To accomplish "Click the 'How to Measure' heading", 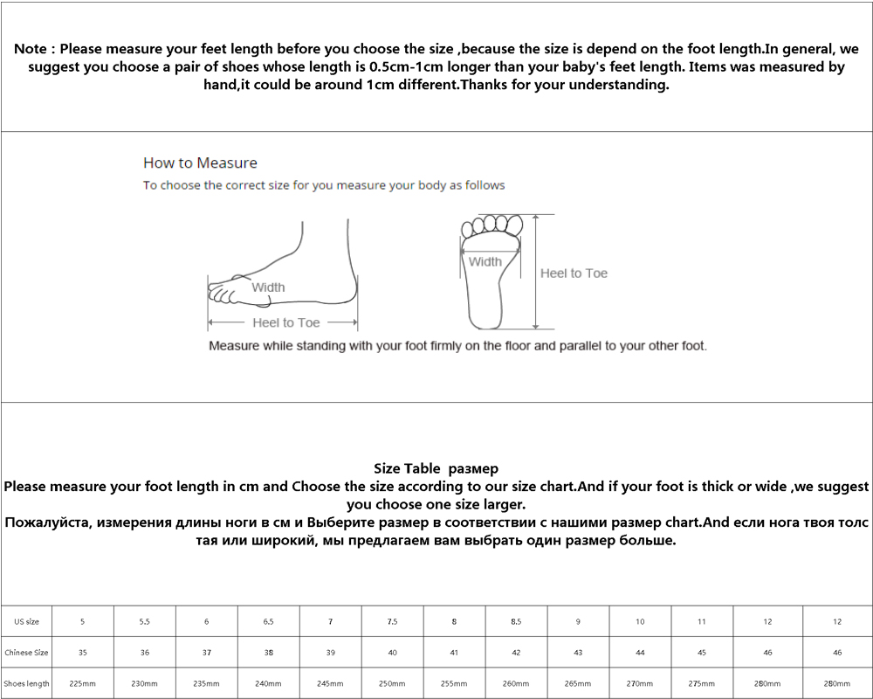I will click(x=200, y=163).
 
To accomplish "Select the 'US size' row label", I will click(x=26, y=621).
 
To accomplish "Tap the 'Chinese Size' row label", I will click(x=26, y=653).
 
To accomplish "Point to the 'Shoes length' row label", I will click(x=26, y=683).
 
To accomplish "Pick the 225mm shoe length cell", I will click(x=82, y=683).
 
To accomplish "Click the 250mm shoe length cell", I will click(x=392, y=683).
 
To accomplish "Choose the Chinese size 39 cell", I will click(x=330, y=653).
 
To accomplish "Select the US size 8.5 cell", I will click(x=516, y=621).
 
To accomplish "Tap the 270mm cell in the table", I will click(x=640, y=683).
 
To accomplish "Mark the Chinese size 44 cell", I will click(x=640, y=653).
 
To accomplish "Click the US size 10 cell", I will click(x=640, y=621).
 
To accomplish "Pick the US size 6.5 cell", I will click(x=268, y=621).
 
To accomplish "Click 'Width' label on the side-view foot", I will click(x=268, y=287).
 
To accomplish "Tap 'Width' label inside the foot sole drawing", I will click(x=485, y=261).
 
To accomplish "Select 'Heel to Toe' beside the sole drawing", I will click(x=574, y=273).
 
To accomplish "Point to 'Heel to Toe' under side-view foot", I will click(x=286, y=322).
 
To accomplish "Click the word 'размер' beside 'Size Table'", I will click(x=476, y=469).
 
